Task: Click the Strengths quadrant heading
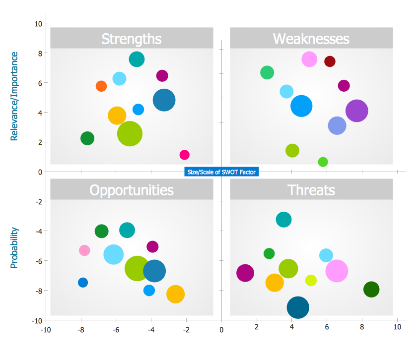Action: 131,39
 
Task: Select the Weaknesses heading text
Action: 311,39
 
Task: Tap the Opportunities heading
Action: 131,190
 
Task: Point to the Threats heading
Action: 311,190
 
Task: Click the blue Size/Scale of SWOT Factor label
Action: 221,172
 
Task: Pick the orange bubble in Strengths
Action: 101,86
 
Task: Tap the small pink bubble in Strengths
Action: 184,155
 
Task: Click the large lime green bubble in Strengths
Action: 130,133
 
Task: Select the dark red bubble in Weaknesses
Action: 330,61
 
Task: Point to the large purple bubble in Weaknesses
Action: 356,111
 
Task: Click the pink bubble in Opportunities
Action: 84,250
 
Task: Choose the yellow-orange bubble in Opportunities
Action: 175,294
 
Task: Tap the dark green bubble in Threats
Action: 371,289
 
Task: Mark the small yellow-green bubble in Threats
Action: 311,280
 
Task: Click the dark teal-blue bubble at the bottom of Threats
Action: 298,307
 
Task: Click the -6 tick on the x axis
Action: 116,329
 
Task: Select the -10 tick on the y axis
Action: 36,320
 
